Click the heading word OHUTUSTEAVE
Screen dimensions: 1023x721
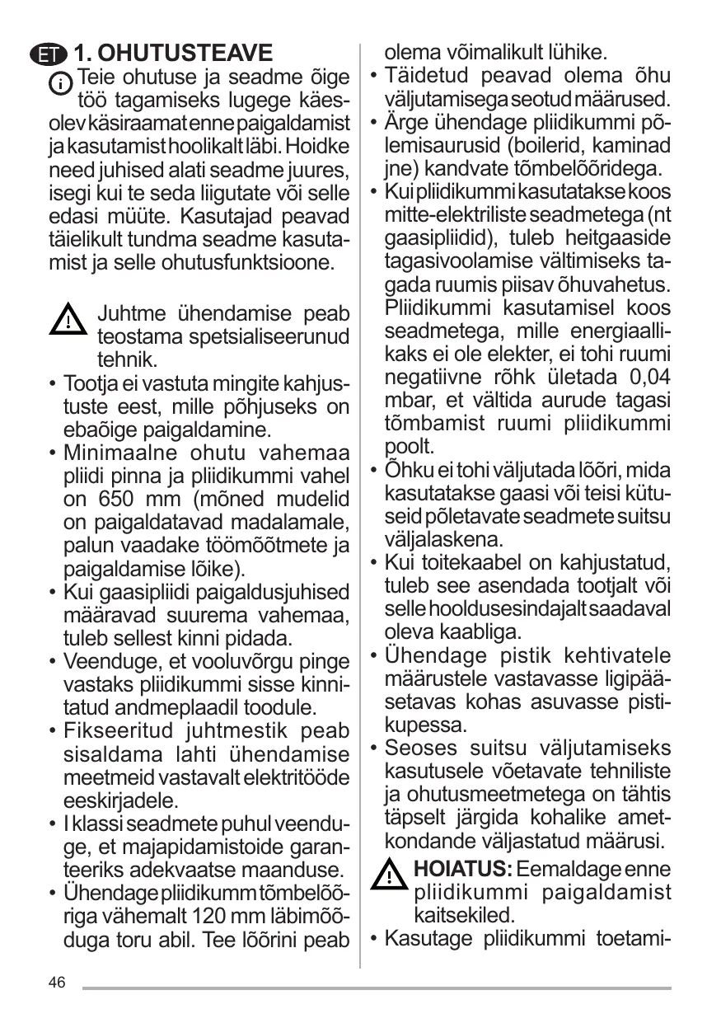(174, 54)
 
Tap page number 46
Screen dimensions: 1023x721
(57, 982)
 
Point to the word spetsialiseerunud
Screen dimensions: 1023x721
(223, 337)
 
